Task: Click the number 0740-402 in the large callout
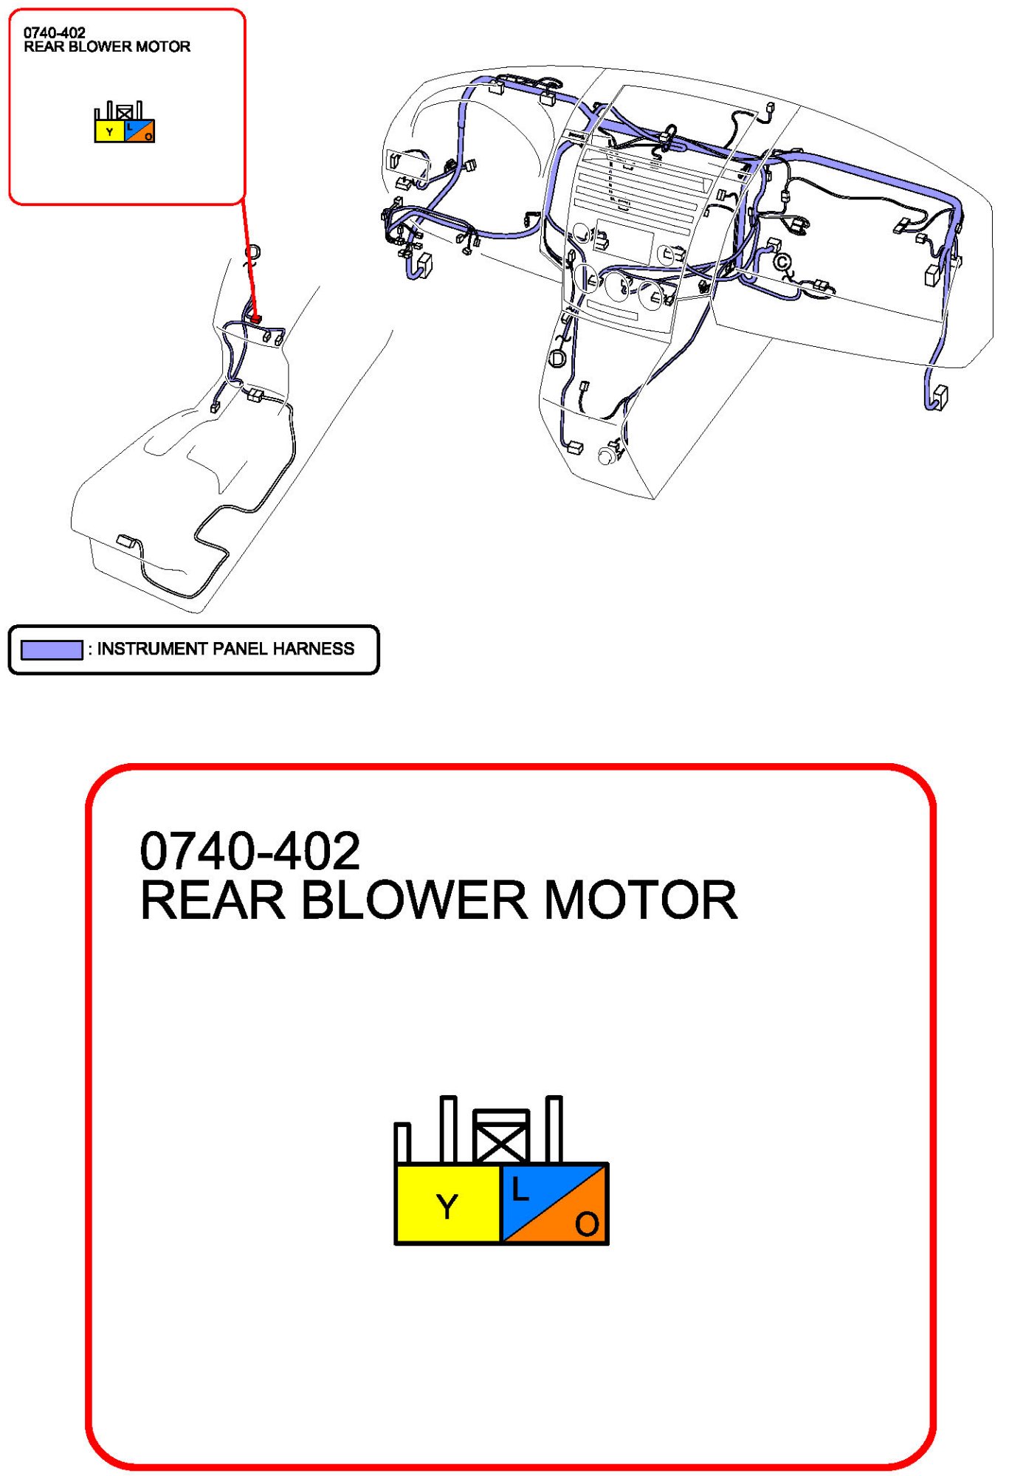(x=249, y=851)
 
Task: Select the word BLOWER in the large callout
(x=414, y=900)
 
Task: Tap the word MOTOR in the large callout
(x=640, y=900)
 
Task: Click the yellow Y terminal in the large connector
(x=447, y=1205)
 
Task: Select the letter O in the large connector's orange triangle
(x=587, y=1224)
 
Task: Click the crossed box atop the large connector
(x=501, y=1137)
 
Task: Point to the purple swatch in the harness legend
(x=52, y=649)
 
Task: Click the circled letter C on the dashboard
(x=782, y=262)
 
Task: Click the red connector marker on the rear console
(x=256, y=319)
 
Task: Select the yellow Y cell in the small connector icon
(x=110, y=131)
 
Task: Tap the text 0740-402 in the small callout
(x=55, y=32)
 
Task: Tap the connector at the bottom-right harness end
(x=940, y=396)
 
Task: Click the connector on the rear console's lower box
(x=126, y=542)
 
